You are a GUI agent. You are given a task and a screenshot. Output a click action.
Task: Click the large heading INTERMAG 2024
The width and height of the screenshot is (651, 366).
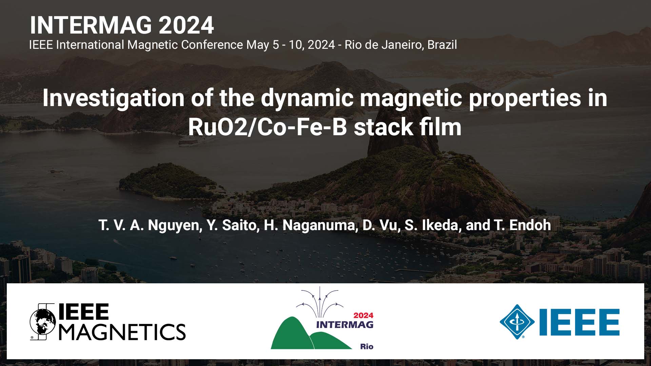coord(122,25)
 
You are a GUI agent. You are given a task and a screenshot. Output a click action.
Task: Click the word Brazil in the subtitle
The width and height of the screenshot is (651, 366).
coord(442,45)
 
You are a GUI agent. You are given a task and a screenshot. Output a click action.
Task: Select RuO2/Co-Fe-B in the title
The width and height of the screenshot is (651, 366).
coord(268,127)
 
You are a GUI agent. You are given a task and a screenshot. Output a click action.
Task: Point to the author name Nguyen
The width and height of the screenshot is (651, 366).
coord(173,225)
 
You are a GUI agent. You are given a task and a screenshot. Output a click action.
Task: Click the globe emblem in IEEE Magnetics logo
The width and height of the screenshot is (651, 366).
coord(43,322)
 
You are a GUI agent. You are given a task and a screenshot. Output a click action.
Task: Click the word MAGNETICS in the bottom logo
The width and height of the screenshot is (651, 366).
coord(122,332)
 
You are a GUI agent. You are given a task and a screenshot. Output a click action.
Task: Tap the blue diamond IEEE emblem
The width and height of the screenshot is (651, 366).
coord(517,322)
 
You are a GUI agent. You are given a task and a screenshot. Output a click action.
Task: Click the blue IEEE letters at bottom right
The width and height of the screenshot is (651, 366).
coord(579,322)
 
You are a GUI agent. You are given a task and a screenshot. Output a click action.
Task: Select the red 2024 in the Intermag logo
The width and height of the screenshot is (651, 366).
coord(363,315)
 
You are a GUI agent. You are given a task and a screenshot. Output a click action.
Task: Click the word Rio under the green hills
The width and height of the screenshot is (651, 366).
coord(367,346)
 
